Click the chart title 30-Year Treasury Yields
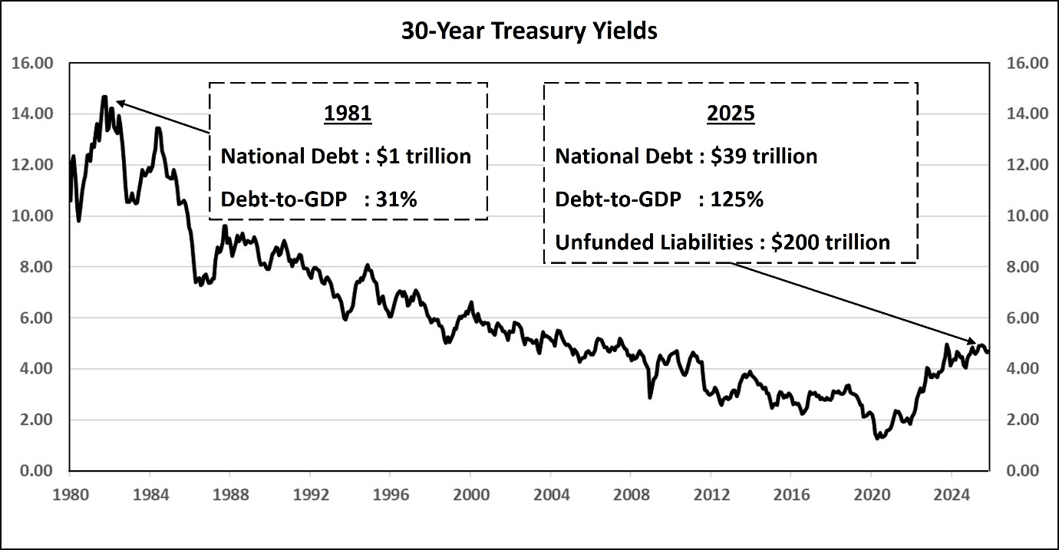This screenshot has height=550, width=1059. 529,31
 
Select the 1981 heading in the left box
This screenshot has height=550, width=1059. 348,114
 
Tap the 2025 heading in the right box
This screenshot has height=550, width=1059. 730,114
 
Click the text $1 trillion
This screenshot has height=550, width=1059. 424,156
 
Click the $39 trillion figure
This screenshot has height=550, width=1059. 764,156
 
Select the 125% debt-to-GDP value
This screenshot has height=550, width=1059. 737,199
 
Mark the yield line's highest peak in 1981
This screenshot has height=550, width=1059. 104,97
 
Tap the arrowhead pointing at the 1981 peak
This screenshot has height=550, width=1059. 119,102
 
